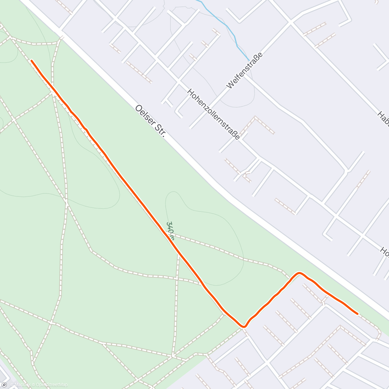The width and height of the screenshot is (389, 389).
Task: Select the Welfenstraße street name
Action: coord(244,71)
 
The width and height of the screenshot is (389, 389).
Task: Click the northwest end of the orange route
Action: coord(31,60)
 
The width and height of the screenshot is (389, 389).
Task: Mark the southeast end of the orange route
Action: coord(357,313)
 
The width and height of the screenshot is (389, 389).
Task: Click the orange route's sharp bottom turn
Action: coord(243,326)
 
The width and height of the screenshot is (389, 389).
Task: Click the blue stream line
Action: coord(227,26)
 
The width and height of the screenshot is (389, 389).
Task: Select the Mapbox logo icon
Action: coord(4,385)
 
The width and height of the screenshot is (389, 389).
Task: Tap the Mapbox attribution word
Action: coord(20,385)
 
